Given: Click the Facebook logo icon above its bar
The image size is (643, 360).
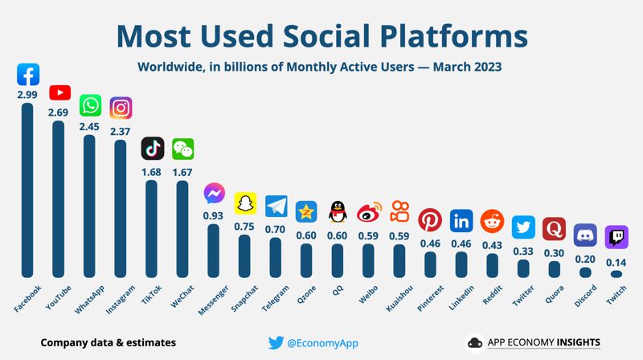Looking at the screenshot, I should pos(28,76).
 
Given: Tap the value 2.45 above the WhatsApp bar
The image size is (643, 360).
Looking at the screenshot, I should pos(90,126).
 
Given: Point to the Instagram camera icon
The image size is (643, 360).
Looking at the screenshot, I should pos(121,108).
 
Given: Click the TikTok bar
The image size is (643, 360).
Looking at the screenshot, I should pos(152,228).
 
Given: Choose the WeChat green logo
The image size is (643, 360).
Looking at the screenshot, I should pos(182,149).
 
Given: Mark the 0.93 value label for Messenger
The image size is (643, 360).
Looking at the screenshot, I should pos(214,215).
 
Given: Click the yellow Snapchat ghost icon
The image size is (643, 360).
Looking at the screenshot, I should pos(244,204).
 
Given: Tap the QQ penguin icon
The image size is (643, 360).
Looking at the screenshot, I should pos(338,211).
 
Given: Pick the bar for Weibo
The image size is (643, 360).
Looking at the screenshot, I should pos(368,260).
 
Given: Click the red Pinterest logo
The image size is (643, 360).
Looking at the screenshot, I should pos(430,219).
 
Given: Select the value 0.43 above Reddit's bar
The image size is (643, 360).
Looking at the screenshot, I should pos(492,243).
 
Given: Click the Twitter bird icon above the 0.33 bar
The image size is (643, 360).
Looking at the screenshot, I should pos(522,227).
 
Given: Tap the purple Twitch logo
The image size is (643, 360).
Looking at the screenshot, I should pos(616,236).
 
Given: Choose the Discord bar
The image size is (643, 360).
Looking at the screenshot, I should pos(585,272).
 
